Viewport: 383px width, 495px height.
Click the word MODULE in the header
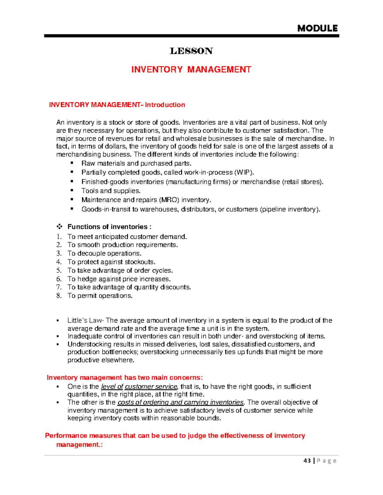pyautogui.click(x=317, y=28)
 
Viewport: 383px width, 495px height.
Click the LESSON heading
pyautogui.click(x=191, y=51)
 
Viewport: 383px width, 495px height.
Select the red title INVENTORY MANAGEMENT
pyautogui.click(x=191, y=69)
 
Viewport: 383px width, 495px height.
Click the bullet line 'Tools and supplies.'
pyautogui.click(x=111, y=191)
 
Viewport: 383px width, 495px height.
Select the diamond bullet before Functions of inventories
pyautogui.click(x=59, y=227)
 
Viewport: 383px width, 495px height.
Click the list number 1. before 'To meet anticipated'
pyautogui.click(x=59, y=237)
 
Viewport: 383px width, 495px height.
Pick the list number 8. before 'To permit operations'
pyautogui.click(x=59, y=296)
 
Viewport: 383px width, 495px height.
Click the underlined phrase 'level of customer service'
pyautogui.click(x=139, y=387)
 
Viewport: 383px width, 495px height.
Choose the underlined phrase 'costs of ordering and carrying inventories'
pyautogui.click(x=181, y=402)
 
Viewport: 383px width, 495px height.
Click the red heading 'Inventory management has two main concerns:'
pyautogui.click(x=124, y=378)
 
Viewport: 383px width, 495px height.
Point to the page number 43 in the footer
pyautogui.click(x=307, y=461)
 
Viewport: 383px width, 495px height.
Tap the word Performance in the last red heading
pyautogui.click(x=66, y=436)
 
